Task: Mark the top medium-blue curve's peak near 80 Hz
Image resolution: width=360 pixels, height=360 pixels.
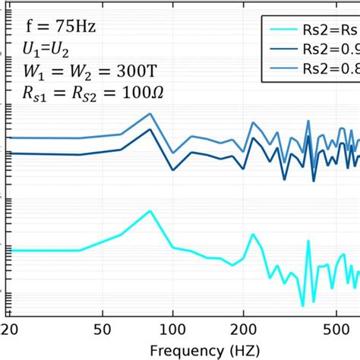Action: (x=150, y=114)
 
